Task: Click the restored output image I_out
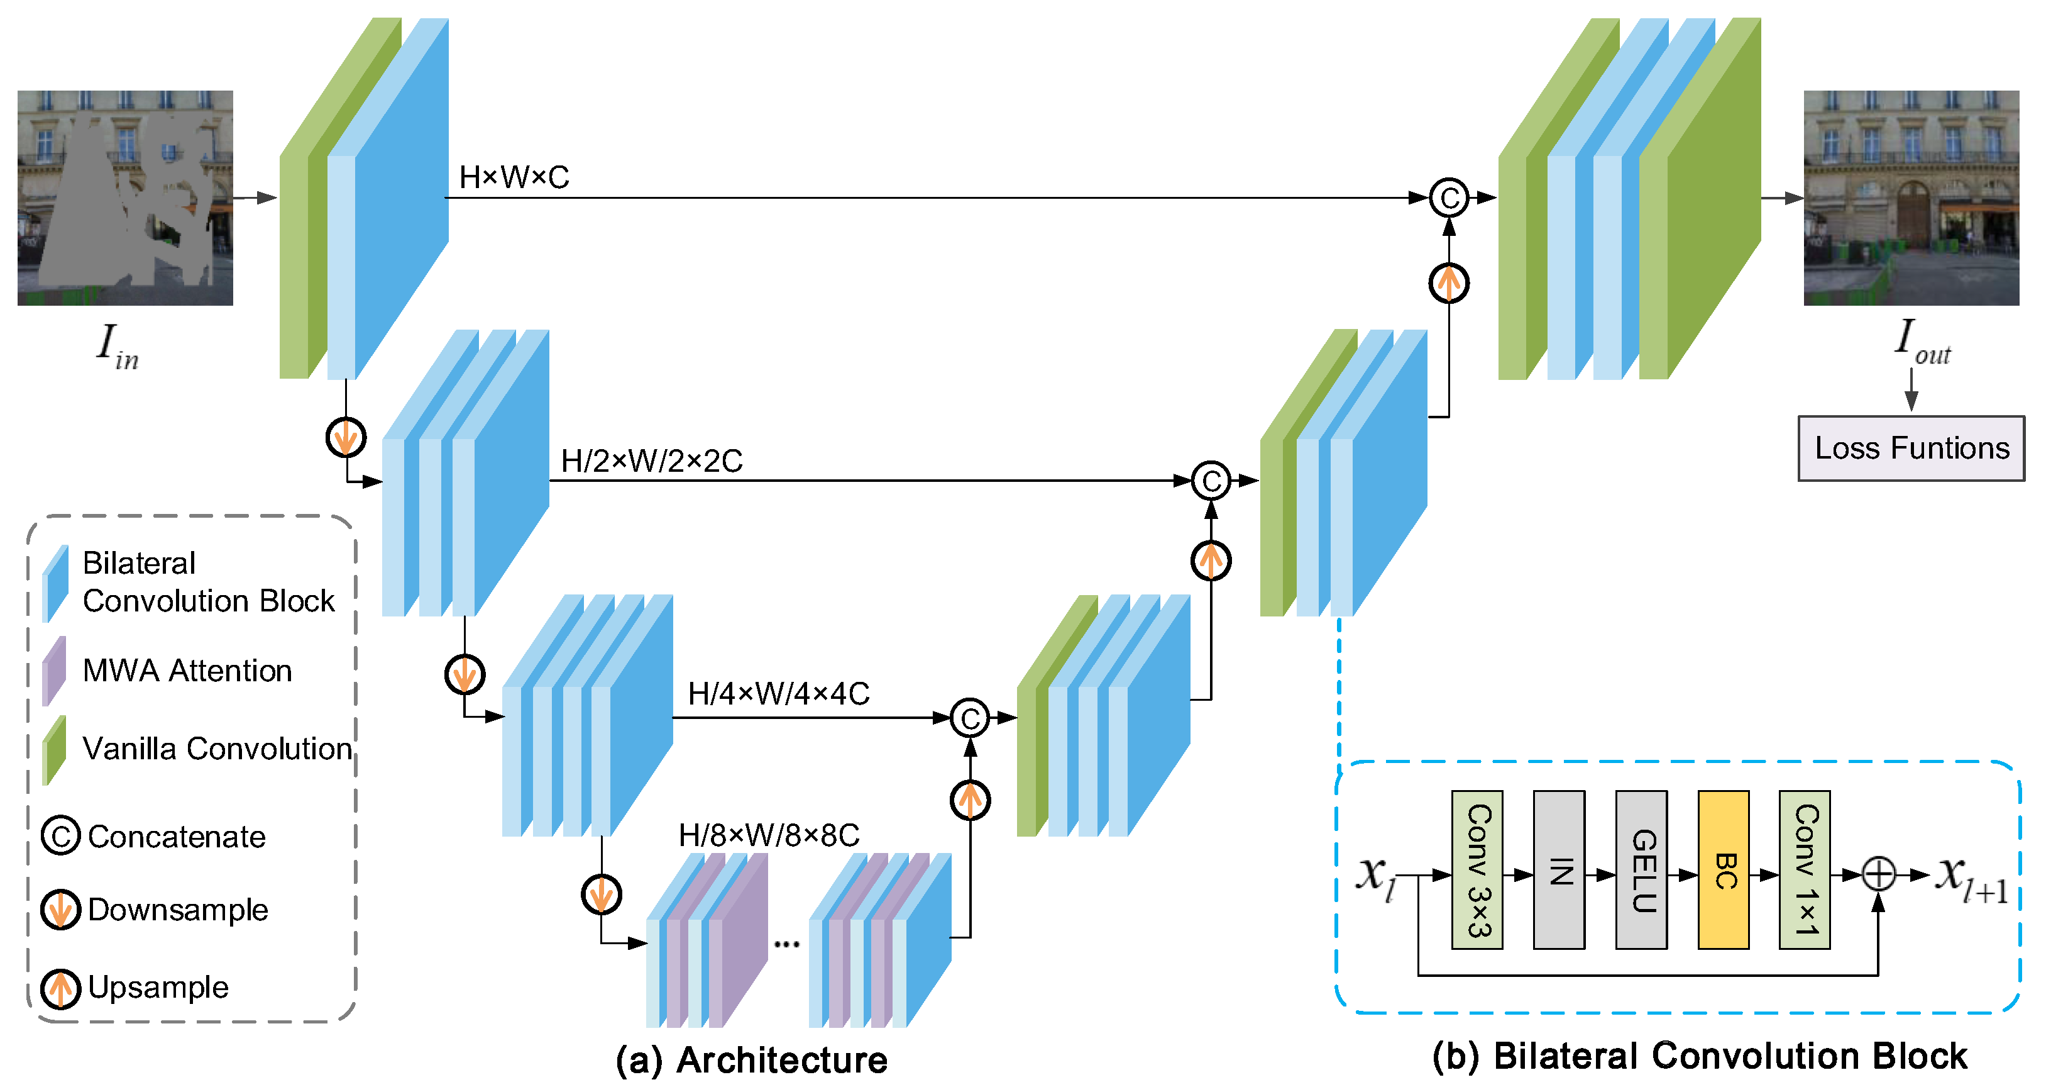point(1911,198)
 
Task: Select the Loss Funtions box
point(1911,448)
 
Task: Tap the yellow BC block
point(1723,870)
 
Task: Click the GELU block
point(1641,870)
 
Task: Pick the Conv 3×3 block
point(1477,870)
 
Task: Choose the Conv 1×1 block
point(1805,870)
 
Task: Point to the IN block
point(1559,870)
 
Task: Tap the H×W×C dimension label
point(514,177)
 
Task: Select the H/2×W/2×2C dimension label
point(651,461)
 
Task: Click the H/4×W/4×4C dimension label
point(778,694)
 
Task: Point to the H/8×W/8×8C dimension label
point(769,835)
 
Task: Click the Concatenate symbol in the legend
point(60,836)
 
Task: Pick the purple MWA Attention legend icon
point(54,671)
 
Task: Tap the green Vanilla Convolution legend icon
point(54,749)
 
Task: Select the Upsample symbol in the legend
point(60,988)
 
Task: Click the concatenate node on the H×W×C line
point(1449,198)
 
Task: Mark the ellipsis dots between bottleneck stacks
point(786,944)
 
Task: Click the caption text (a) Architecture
point(751,1060)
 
